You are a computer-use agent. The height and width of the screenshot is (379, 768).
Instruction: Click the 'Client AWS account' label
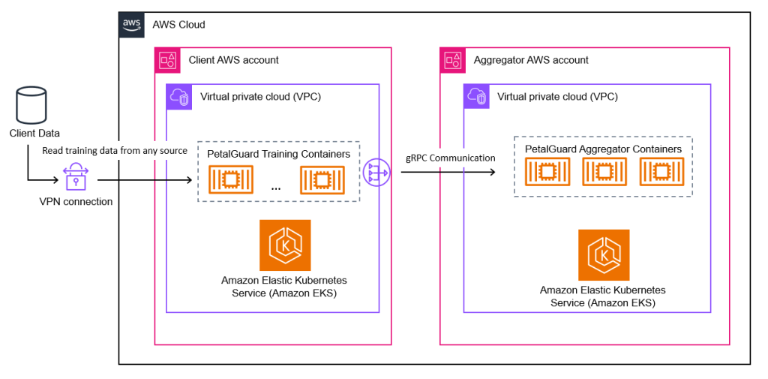pos(233,60)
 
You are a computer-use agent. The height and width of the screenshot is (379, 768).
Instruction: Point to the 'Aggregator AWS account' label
pos(531,60)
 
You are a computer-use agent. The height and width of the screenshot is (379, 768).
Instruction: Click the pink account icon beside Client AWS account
pos(166,60)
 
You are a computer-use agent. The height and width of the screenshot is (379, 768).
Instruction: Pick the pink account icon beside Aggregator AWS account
pos(452,60)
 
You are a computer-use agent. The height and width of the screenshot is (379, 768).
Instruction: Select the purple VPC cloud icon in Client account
pos(178,96)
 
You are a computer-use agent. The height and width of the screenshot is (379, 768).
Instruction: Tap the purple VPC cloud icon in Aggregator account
pos(476,96)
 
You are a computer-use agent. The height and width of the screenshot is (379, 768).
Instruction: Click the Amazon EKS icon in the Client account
pos(285,245)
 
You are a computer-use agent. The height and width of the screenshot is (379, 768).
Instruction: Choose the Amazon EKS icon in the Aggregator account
pos(604,255)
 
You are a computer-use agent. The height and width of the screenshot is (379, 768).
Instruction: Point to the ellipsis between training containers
pos(275,187)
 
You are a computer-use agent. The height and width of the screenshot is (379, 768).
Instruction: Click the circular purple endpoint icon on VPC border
pos(376,173)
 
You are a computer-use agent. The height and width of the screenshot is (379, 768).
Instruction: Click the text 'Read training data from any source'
pos(115,151)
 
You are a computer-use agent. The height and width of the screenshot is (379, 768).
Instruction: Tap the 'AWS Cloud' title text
pos(178,25)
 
